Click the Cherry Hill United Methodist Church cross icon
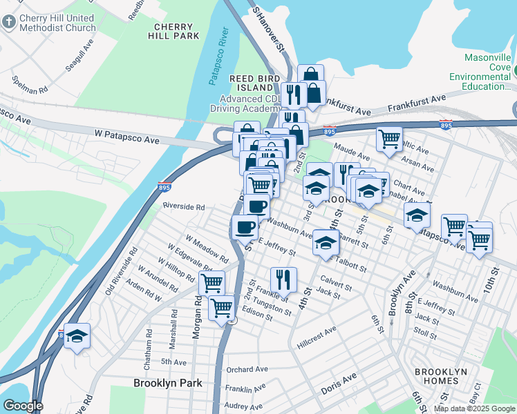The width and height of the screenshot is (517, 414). click(9, 21)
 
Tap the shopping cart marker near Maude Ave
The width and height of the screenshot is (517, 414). click(389, 139)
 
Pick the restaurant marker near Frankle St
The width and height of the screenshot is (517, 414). click(283, 279)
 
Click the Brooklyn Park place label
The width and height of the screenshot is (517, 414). click(167, 382)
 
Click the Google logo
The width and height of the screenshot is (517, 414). click(22, 406)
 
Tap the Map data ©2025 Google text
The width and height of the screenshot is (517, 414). click(474, 408)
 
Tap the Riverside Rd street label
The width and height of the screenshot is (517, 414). click(184, 206)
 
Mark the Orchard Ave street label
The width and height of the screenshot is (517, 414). click(247, 369)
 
